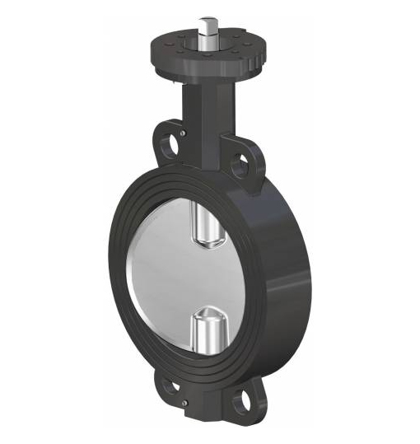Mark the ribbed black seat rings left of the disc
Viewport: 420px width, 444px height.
coord(132,272)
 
